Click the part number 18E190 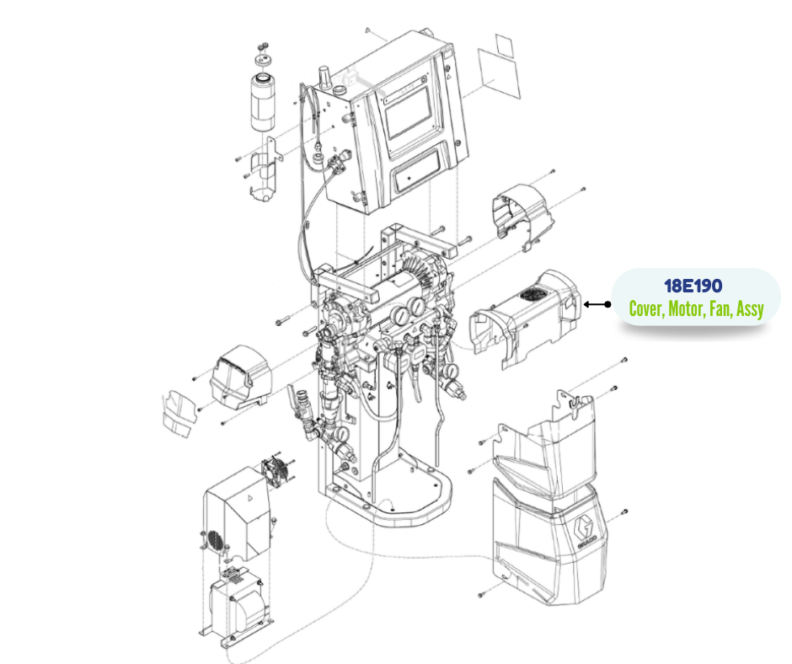point(693,286)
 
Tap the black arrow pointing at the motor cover point(597,304)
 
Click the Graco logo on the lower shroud point(585,532)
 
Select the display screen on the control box point(408,113)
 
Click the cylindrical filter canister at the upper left point(263,103)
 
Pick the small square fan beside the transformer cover point(275,473)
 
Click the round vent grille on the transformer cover point(215,540)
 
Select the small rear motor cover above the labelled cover point(522,212)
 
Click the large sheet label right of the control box point(499,74)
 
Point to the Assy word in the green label point(750,308)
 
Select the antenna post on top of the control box point(324,77)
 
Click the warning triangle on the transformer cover point(249,497)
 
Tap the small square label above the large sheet point(504,46)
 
